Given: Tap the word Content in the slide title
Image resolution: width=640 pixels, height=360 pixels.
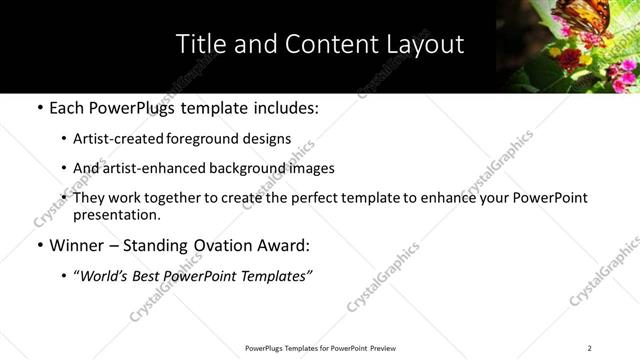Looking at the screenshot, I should (319, 44).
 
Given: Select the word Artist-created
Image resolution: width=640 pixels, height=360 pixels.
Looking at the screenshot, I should (110, 139).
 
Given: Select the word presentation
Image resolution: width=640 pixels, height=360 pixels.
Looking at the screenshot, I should (116, 214).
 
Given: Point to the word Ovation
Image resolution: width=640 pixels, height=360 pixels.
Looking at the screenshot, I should (223, 245).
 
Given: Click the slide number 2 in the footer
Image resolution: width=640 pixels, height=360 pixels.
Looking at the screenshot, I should (589, 348).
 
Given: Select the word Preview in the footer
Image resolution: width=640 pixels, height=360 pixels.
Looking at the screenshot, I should (381, 348).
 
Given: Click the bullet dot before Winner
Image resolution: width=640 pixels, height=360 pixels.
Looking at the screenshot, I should (39, 246).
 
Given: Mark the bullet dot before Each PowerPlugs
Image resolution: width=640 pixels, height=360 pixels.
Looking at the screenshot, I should (39, 107).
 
